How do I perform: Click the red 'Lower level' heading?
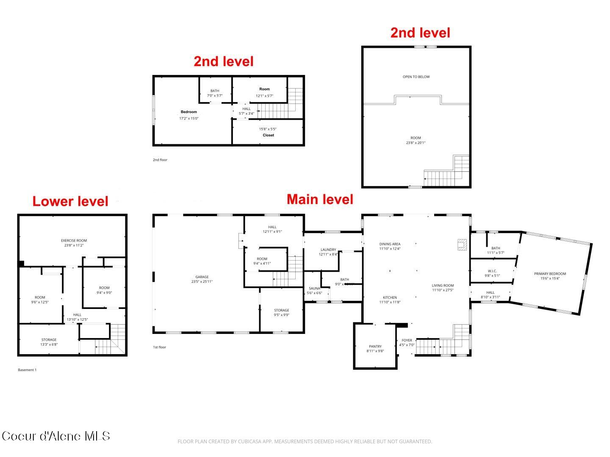pyautogui.click(x=70, y=201)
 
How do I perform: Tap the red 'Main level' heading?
pyautogui.click(x=320, y=199)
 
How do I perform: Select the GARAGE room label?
pyautogui.click(x=202, y=277)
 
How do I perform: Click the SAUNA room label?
pyautogui.click(x=314, y=289)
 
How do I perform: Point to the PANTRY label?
pyautogui.click(x=375, y=347)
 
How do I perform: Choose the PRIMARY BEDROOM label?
pyautogui.click(x=550, y=274)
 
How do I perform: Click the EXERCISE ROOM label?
pyautogui.click(x=74, y=241)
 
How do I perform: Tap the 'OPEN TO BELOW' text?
pyautogui.click(x=416, y=77)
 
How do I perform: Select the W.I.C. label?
pyautogui.click(x=492, y=271)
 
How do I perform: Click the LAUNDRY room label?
pyautogui.click(x=328, y=250)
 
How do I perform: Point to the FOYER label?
pyautogui.click(x=407, y=340)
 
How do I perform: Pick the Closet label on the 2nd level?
pyautogui.click(x=268, y=135)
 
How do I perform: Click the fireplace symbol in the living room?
pyautogui.click(x=462, y=245)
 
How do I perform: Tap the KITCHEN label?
pyautogui.click(x=390, y=297)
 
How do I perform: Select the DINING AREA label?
pyautogui.click(x=390, y=244)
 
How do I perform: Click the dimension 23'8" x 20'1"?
pyautogui.click(x=416, y=143)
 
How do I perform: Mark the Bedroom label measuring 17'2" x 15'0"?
pyautogui.click(x=189, y=112)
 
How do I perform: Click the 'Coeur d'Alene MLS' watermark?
pyautogui.click(x=56, y=436)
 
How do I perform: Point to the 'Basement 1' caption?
pyautogui.click(x=27, y=370)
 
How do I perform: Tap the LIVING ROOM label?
pyautogui.click(x=443, y=286)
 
